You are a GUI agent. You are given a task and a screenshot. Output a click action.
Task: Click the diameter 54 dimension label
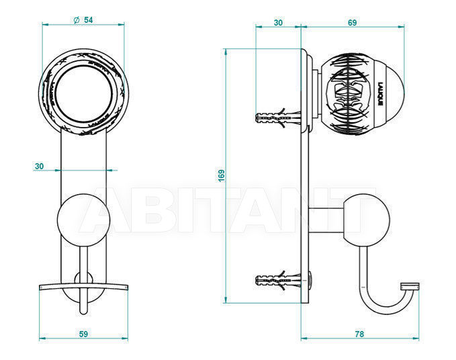83,20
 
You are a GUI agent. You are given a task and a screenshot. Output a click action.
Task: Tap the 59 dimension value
83,334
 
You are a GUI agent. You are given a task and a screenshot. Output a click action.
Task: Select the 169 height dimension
222,176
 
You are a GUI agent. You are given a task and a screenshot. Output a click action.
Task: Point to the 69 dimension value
352,23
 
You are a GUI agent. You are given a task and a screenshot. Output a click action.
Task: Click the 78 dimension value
359,334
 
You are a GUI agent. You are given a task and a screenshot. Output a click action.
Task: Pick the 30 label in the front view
39,167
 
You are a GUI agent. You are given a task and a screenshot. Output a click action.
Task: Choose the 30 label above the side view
278,23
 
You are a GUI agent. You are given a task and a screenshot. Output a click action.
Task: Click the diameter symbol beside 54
77,20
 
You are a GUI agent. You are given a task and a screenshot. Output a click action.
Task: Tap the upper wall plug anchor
278,118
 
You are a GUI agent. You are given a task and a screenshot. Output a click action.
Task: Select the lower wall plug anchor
278,281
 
